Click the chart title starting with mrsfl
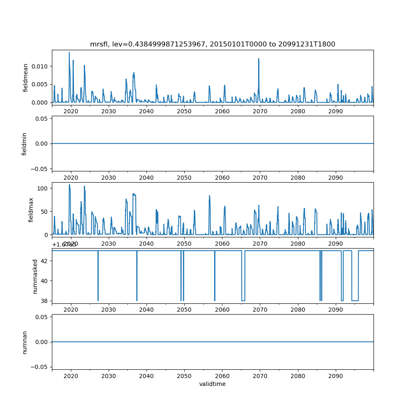click(x=212, y=44)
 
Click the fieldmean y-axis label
click(x=26, y=78)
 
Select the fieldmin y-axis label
click(x=24, y=144)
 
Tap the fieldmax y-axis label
click(x=31, y=210)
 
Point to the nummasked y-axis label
click(x=35, y=276)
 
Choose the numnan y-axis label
click(x=24, y=342)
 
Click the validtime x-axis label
click(x=212, y=384)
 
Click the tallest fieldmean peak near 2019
click(x=69, y=53)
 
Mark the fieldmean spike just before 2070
click(x=259, y=59)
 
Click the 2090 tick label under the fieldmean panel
click(x=335, y=111)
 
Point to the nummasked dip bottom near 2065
click(x=243, y=300)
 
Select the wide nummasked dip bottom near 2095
click(x=355, y=300)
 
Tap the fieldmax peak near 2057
click(x=210, y=195)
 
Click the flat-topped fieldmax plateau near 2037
click(x=134, y=194)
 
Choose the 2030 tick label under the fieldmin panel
click(x=108, y=178)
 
